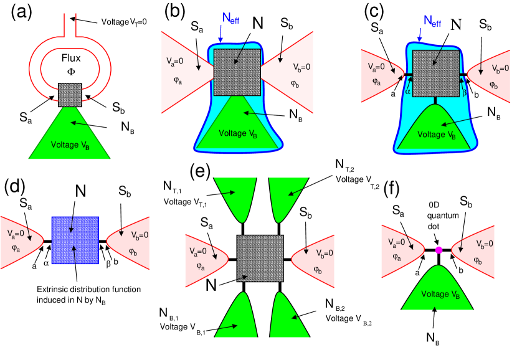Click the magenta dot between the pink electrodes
click(439, 250)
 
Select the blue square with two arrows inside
click(75, 240)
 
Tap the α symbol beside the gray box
click(408, 92)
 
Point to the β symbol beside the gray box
click(464, 92)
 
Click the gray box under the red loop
click(70, 95)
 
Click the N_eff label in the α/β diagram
click(432, 21)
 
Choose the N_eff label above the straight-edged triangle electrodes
click(230, 18)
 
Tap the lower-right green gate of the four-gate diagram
click(288, 318)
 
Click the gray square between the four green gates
click(260, 258)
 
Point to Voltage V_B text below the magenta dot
click(439, 295)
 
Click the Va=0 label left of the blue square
click(17, 234)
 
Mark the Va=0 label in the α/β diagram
click(376, 67)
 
